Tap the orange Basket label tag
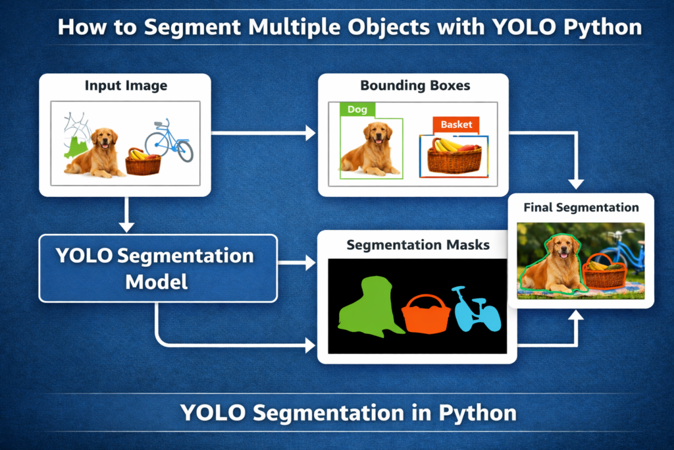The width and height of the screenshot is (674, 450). click(x=456, y=124)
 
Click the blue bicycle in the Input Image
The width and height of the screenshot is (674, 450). click(x=168, y=140)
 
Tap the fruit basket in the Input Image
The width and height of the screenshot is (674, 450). click(x=143, y=162)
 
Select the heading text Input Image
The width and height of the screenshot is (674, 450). click(x=126, y=86)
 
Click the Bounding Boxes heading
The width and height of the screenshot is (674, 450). click(x=415, y=86)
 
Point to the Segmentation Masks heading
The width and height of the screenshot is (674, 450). click(x=418, y=245)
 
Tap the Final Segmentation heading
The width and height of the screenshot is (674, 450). click(x=581, y=208)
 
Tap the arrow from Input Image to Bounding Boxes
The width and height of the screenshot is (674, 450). click(x=263, y=134)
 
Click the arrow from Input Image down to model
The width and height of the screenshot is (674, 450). click(x=126, y=213)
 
